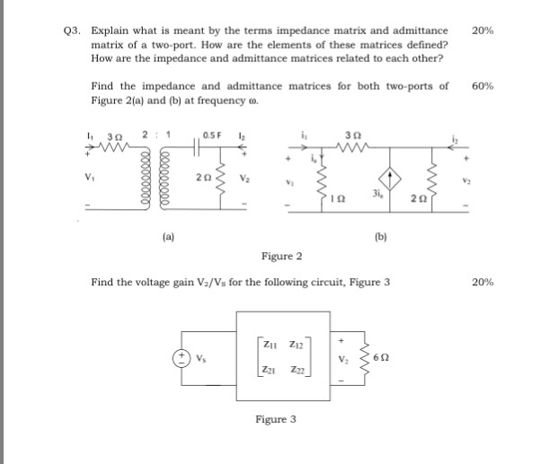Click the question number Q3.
(74, 31)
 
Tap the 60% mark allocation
(482, 86)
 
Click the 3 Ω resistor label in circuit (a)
(117, 136)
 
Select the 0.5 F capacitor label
(212, 136)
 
